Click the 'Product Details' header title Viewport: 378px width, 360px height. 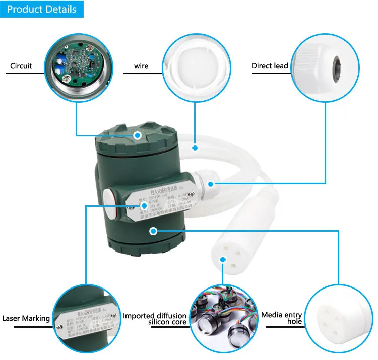[x=42, y=9]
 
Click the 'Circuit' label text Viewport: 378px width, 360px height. [x=21, y=66]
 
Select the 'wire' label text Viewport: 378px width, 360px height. [x=141, y=66]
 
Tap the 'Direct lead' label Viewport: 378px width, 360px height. [x=270, y=66]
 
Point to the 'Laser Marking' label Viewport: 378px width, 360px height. [x=26, y=318]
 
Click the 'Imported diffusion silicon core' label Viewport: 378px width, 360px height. [x=155, y=319]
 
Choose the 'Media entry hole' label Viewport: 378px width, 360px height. [x=281, y=318]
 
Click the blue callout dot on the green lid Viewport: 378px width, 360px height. [x=137, y=135]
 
